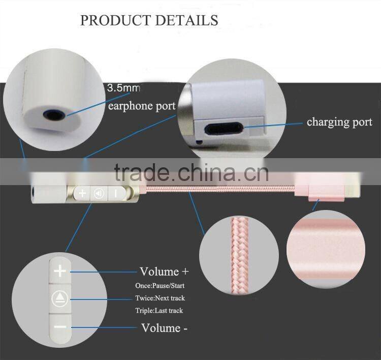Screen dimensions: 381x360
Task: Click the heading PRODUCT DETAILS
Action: [x=149, y=20]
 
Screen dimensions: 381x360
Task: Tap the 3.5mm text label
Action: [x=123, y=88]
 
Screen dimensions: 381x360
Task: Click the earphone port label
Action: [x=142, y=106]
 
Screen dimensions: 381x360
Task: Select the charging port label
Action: [x=339, y=122]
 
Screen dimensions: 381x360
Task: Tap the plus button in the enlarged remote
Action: [x=60, y=271]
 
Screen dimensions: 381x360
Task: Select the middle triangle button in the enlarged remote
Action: [x=60, y=298]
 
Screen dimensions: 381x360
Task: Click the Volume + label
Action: [x=164, y=272]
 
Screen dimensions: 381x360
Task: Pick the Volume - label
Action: [x=164, y=327]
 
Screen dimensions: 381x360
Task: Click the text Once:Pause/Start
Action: [x=160, y=286]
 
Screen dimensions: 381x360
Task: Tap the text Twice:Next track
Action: [x=160, y=298]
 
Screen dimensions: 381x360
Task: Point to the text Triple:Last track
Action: [x=159, y=310]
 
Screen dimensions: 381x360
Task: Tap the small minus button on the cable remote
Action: [x=116, y=194]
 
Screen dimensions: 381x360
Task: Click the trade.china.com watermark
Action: [x=192, y=173]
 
